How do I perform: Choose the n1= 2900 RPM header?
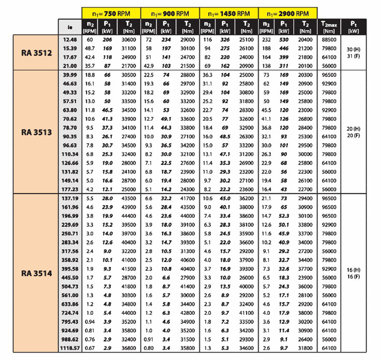288,13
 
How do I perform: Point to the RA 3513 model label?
36,132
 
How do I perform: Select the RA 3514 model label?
36,273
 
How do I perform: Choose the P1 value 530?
285,40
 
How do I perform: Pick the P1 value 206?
108,40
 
